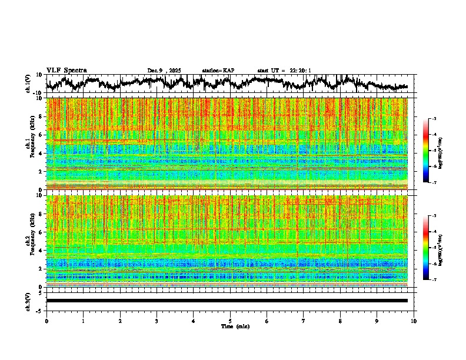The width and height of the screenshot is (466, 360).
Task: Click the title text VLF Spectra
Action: point(66,70)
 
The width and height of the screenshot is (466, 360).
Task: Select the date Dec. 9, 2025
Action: point(165,71)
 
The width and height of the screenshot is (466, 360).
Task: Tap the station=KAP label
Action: point(218,71)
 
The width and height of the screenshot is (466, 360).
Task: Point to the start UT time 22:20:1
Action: point(284,71)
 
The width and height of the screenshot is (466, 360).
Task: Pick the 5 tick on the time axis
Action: point(230,321)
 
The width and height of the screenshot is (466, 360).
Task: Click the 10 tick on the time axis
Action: point(414,321)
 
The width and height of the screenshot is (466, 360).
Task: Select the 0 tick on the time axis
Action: point(46,321)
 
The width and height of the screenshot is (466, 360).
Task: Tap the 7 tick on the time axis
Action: point(304,321)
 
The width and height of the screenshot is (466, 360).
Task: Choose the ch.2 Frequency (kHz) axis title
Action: point(31,241)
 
